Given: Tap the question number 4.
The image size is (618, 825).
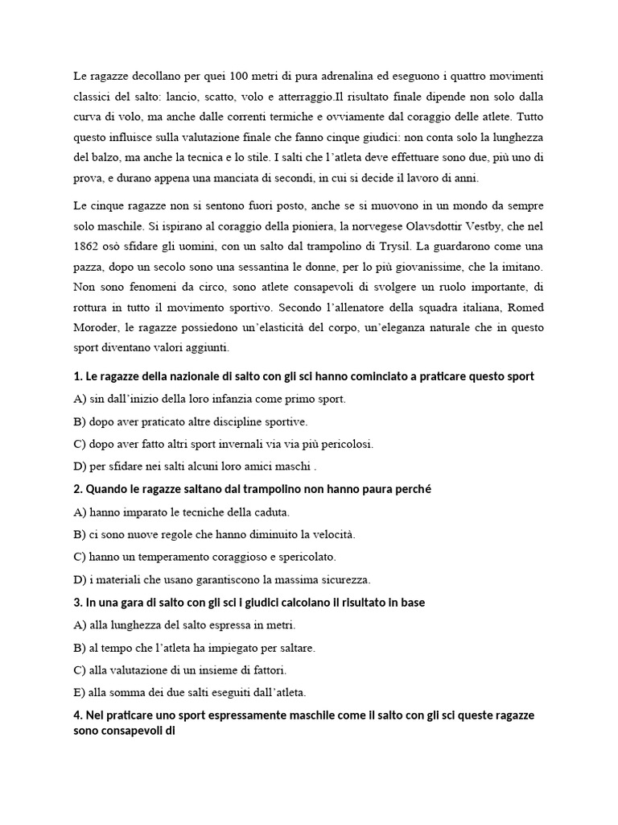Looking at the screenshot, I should pos(77,715).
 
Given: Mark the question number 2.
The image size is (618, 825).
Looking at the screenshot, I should pos(77,489).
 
